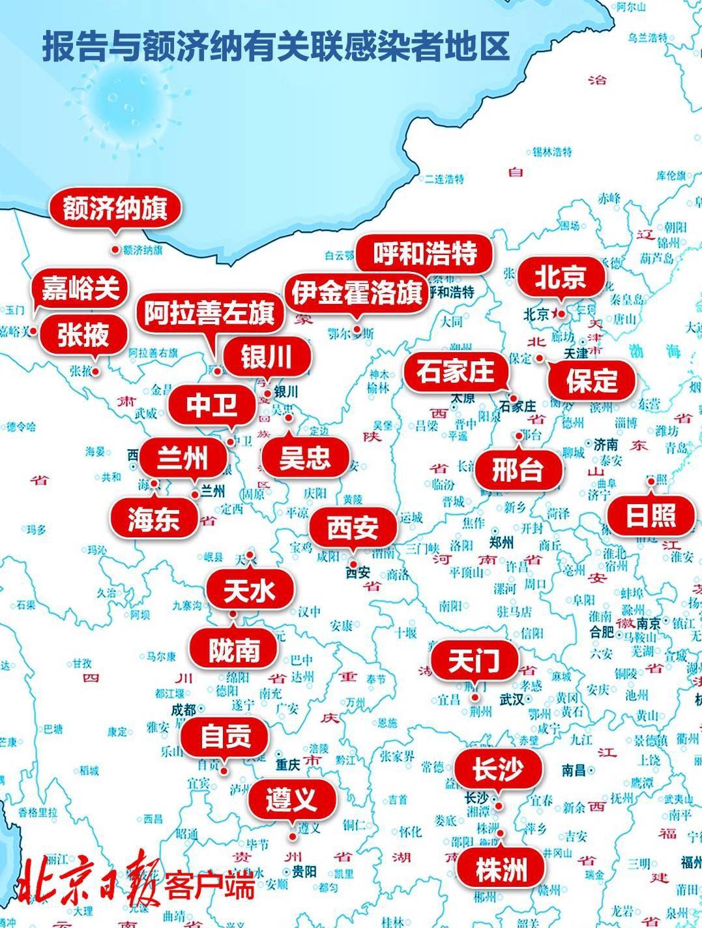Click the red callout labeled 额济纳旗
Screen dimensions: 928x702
click(x=115, y=209)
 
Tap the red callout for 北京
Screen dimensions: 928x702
click(x=561, y=277)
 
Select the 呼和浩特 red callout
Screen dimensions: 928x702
click(x=425, y=254)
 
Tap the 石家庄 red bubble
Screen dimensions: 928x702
click(x=456, y=372)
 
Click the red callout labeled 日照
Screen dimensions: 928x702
click(x=651, y=515)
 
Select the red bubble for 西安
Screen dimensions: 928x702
click(x=353, y=528)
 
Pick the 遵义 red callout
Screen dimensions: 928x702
click(x=291, y=798)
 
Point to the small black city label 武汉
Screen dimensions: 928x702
click(x=511, y=700)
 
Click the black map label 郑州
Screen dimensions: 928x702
click(x=502, y=543)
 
